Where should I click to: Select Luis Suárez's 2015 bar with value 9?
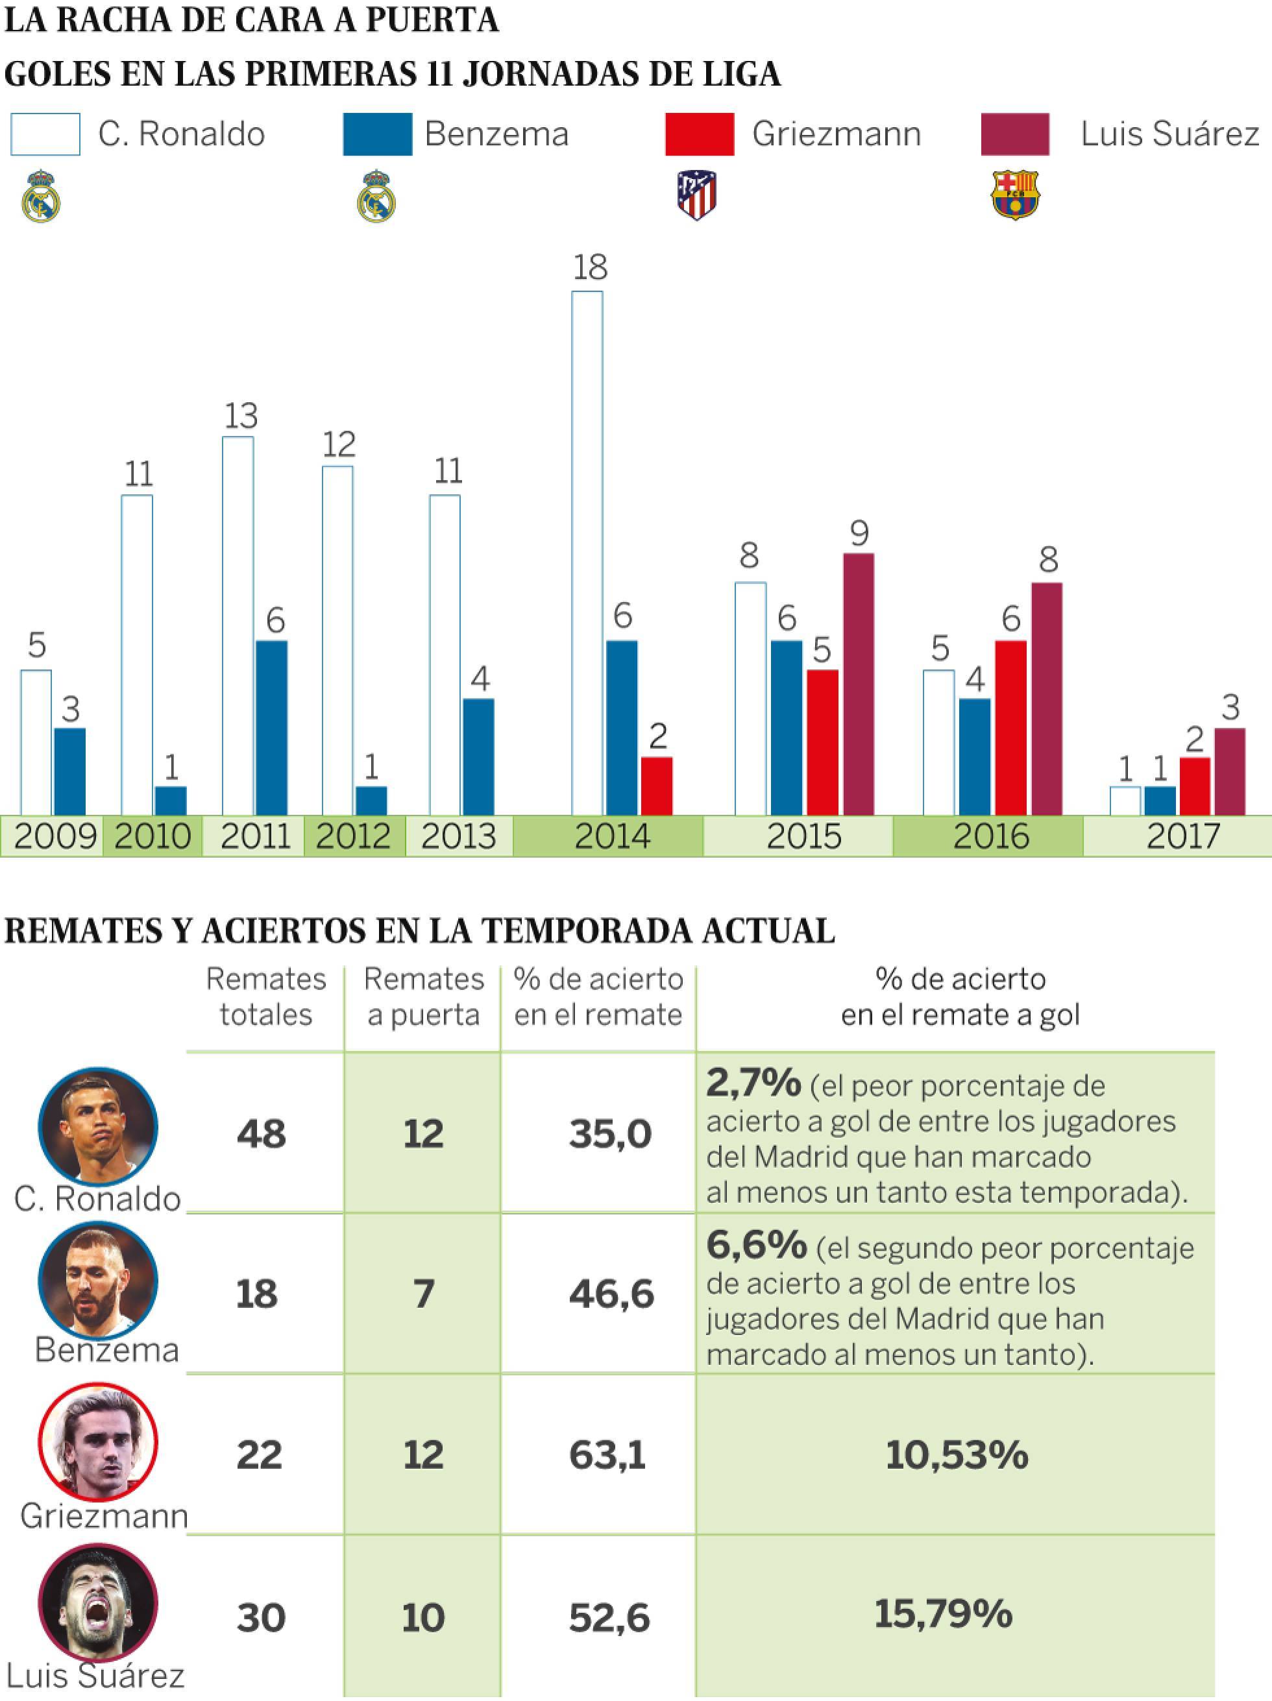858,684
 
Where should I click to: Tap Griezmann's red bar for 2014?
657,785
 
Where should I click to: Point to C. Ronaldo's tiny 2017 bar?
1125,801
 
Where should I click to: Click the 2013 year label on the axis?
458,836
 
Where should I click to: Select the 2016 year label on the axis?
990,836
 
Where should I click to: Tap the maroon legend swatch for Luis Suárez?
1015,134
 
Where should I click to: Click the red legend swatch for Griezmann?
699,134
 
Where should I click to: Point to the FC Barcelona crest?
1015,195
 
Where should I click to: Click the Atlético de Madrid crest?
697,195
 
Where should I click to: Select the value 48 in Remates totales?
262,1133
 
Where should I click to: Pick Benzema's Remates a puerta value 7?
424,1294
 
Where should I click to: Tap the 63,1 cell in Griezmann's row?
607,1454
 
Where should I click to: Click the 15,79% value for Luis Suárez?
944,1613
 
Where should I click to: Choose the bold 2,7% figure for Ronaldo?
753,1083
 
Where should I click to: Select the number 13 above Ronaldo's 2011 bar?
241,416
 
